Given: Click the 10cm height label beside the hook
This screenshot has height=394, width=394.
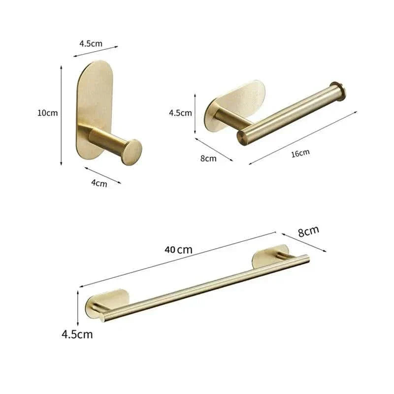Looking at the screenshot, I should tap(47, 113).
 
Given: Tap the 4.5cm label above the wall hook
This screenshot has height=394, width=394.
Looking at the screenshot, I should tap(91, 43).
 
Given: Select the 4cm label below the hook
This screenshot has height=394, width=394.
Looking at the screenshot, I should tap(99, 184).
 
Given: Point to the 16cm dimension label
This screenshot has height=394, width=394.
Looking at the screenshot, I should tap(300, 153).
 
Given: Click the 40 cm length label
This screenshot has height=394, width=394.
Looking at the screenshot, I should tap(178, 249).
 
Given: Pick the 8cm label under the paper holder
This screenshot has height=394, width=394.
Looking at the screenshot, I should tap(208, 158).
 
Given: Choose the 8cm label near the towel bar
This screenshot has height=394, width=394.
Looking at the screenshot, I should tap(308, 230).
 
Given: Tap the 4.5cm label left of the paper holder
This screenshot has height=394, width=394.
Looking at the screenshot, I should tap(180, 113).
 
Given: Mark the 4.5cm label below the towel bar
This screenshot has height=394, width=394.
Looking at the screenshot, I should tap(77, 334).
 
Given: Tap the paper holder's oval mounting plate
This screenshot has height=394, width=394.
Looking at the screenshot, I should tap(241, 98).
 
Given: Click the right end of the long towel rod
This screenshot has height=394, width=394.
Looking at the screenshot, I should tap(306, 258).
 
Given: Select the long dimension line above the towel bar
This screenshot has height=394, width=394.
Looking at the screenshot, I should tap(177, 259).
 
